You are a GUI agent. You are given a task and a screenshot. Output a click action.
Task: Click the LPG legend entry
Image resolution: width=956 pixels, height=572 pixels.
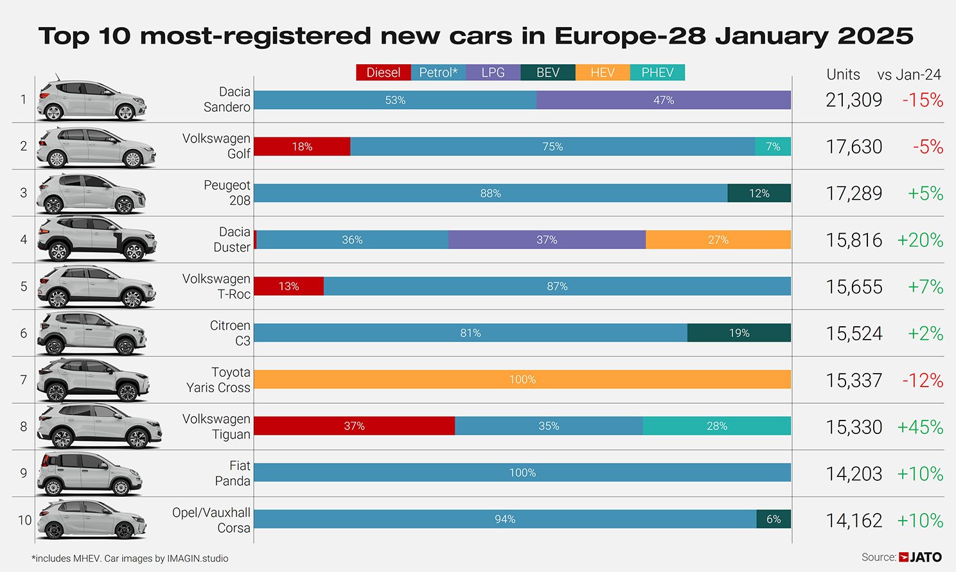(x=493, y=73)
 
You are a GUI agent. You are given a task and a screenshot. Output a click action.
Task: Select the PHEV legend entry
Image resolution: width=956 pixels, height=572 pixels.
(x=657, y=73)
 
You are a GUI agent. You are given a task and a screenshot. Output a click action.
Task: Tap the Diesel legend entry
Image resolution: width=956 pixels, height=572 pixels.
(x=383, y=73)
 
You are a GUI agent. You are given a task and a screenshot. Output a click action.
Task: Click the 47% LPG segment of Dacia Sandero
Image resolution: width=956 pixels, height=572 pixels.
(x=663, y=100)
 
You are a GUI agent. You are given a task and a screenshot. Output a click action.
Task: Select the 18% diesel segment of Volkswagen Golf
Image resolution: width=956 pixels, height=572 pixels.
(x=302, y=147)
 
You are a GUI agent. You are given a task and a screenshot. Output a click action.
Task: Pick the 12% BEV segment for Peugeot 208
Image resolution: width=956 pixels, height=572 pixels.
(x=759, y=193)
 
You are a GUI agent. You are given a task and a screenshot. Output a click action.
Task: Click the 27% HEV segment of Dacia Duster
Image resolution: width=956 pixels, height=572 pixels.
(x=718, y=240)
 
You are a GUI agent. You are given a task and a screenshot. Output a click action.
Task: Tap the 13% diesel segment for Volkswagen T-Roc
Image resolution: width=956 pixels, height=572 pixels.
(x=288, y=286)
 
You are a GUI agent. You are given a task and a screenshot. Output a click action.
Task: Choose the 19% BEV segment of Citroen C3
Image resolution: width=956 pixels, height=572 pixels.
(x=739, y=333)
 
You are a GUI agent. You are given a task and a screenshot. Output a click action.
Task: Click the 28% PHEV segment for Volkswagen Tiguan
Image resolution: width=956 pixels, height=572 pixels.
(x=716, y=426)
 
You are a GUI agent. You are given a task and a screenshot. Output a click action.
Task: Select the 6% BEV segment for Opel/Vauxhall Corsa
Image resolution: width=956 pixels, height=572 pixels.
(x=774, y=519)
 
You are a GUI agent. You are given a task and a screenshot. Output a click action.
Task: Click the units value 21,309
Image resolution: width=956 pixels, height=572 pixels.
(x=854, y=100)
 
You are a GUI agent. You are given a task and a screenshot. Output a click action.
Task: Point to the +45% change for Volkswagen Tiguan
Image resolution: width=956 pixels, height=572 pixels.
(x=920, y=427)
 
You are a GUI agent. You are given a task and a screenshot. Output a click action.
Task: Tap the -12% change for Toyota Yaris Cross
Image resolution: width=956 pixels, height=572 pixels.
(x=923, y=381)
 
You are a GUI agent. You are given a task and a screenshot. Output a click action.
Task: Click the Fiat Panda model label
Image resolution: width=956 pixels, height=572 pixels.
(x=232, y=473)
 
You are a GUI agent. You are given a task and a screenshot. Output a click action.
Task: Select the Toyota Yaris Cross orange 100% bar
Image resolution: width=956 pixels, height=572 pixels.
(x=522, y=379)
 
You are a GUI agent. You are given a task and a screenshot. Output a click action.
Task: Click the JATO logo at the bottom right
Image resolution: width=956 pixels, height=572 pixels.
(x=921, y=557)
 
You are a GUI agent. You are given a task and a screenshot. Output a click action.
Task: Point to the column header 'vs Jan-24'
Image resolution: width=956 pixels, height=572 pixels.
(x=908, y=74)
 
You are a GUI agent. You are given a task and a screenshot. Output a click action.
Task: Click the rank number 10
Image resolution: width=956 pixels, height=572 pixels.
(x=24, y=520)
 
